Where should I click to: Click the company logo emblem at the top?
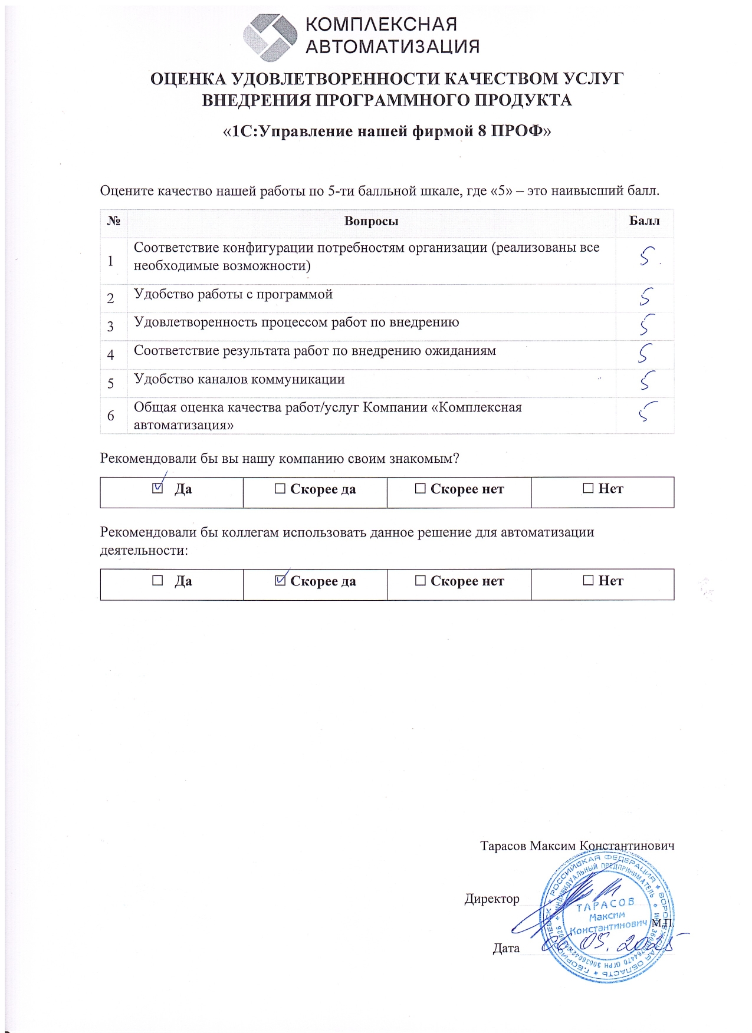[271, 37]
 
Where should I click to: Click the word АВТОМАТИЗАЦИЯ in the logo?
[392, 47]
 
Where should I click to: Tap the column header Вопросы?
[371, 222]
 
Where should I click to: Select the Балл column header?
[644, 221]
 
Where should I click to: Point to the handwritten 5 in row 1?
[646, 256]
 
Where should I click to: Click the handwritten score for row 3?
[646, 325]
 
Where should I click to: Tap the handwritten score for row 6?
[647, 411]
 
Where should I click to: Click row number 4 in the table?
[111, 355]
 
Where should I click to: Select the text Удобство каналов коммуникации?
[239, 379]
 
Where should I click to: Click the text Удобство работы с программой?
[233, 294]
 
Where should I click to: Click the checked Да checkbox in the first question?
[157, 488]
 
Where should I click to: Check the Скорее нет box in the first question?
[420, 489]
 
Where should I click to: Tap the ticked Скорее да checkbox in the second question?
[281, 581]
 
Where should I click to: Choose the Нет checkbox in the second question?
[588, 581]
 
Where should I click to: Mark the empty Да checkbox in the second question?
[157, 581]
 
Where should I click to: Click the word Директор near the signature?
[492, 899]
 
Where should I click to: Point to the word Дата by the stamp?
[506, 949]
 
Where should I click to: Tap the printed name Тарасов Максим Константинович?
[577, 846]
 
